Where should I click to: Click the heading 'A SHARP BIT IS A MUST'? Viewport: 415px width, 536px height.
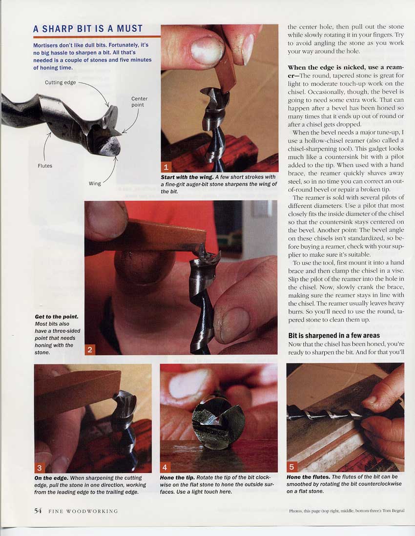pos(88,29)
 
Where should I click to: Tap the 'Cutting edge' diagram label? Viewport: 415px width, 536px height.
pos(60,82)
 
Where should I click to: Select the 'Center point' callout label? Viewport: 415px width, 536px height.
pos(139,101)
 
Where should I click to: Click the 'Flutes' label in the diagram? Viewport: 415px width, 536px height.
pos(45,166)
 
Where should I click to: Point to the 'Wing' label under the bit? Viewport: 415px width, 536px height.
pos(95,184)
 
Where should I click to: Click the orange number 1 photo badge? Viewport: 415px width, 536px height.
pos(166,167)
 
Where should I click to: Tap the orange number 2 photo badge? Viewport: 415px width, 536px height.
pos(90,349)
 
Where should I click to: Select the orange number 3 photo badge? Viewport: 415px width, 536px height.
pos(40,468)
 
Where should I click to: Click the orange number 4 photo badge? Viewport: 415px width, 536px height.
pos(165,467)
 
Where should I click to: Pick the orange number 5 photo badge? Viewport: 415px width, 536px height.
pos(292,467)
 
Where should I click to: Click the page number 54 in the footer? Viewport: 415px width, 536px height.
pos(38,511)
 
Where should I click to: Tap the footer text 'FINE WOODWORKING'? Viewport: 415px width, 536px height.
pos(83,511)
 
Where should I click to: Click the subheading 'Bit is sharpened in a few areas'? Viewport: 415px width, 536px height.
pos(334,336)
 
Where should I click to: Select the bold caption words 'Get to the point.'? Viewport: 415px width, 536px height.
pos(57,317)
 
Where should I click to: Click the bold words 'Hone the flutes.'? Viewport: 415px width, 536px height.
pos(309,477)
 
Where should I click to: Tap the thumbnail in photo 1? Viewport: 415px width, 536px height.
pos(207,50)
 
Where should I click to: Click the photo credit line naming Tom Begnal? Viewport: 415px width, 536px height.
pos(347,511)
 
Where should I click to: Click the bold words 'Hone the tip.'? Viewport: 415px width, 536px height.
pos(177,478)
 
